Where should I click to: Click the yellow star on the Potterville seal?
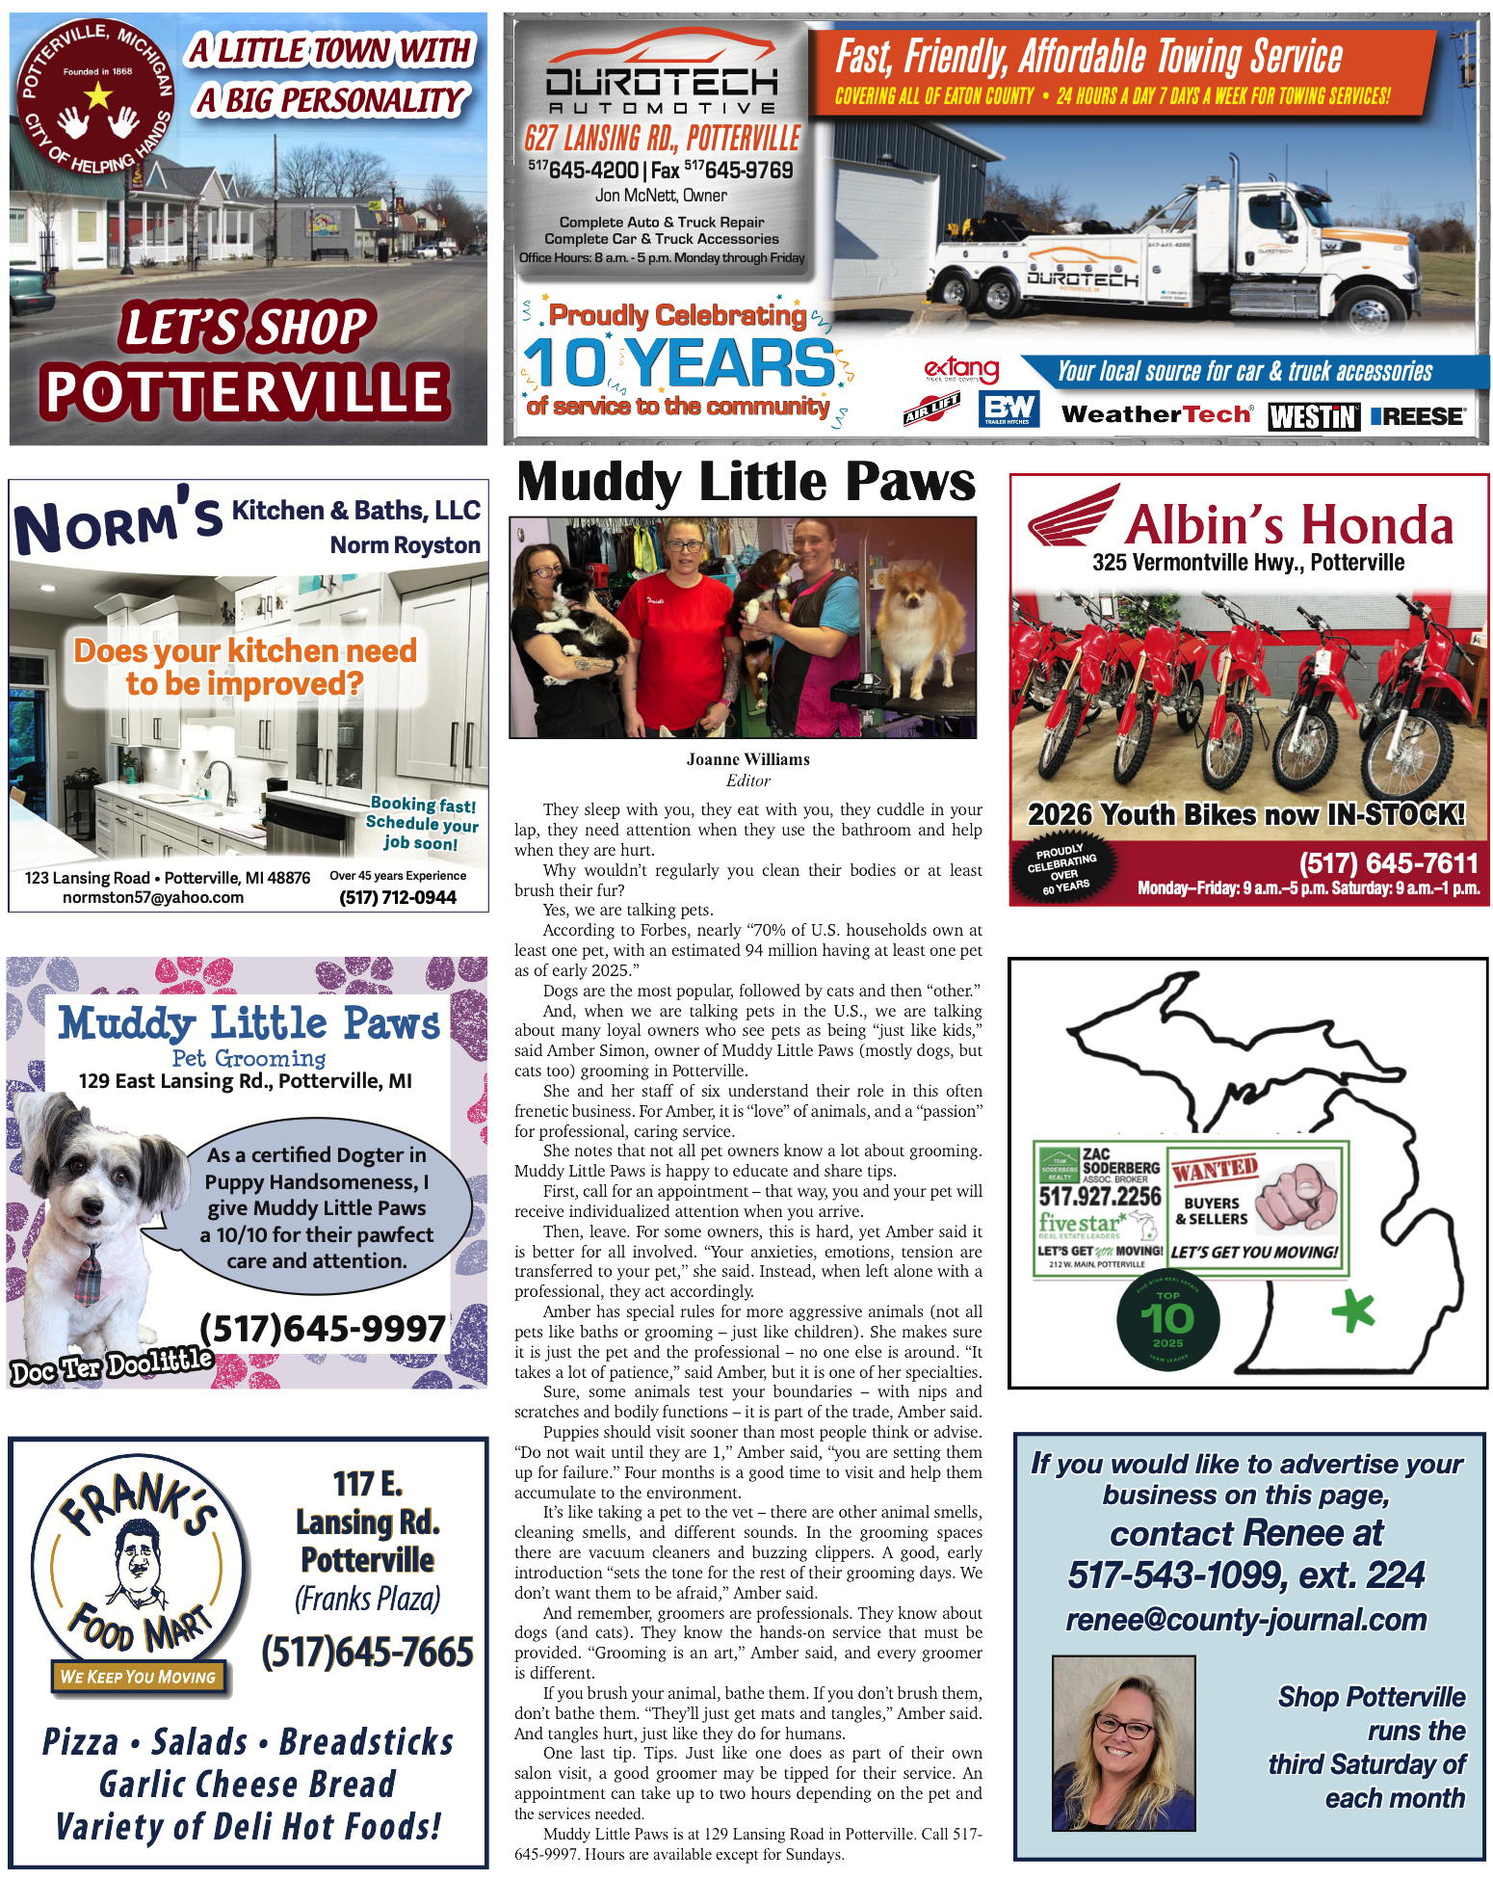98,94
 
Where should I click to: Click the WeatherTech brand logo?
1156,414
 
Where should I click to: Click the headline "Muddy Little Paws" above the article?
746,482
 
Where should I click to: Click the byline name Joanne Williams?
747,759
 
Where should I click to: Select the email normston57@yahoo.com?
153,897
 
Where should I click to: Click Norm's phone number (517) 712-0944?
398,897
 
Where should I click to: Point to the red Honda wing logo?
1071,516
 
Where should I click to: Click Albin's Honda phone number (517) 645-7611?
1388,862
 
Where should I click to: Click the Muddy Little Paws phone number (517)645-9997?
323,1329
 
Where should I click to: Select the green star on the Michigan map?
1352,1310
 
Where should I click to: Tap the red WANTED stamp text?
1215,1171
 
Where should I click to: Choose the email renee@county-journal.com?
1246,1620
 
